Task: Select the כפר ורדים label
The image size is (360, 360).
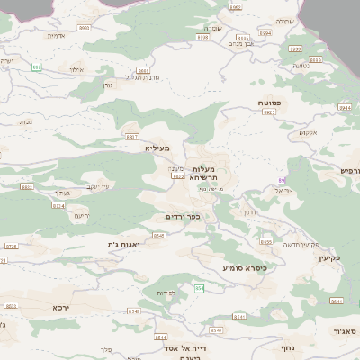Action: pyautogui.click(x=183, y=217)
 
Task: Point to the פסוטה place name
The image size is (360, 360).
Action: pyautogui.click(x=270, y=103)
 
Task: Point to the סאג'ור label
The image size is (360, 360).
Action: pyautogui.click(x=347, y=331)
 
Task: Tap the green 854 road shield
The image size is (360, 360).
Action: pyautogui.click(x=200, y=288)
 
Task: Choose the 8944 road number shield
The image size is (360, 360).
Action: pyautogui.click(x=265, y=33)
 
